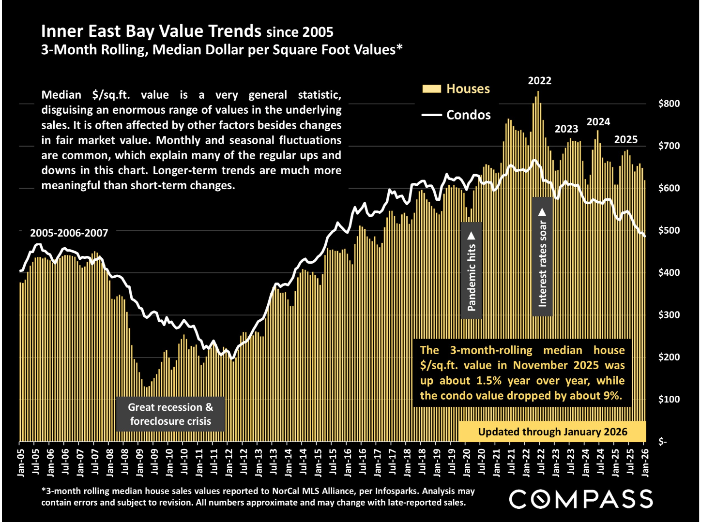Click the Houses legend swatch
point(431,89)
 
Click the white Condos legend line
point(432,115)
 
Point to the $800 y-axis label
point(669,104)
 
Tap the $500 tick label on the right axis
point(669,230)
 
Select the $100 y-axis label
point(669,399)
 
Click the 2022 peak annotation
point(539,81)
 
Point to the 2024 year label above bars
point(598,122)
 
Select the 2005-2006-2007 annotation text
point(69,233)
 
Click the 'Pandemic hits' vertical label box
point(472,270)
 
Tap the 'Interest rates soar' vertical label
point(542,257)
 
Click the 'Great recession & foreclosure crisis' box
point(170,414)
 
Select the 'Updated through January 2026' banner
point(552,432)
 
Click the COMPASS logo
point(580,499)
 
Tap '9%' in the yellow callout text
point(612,395)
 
